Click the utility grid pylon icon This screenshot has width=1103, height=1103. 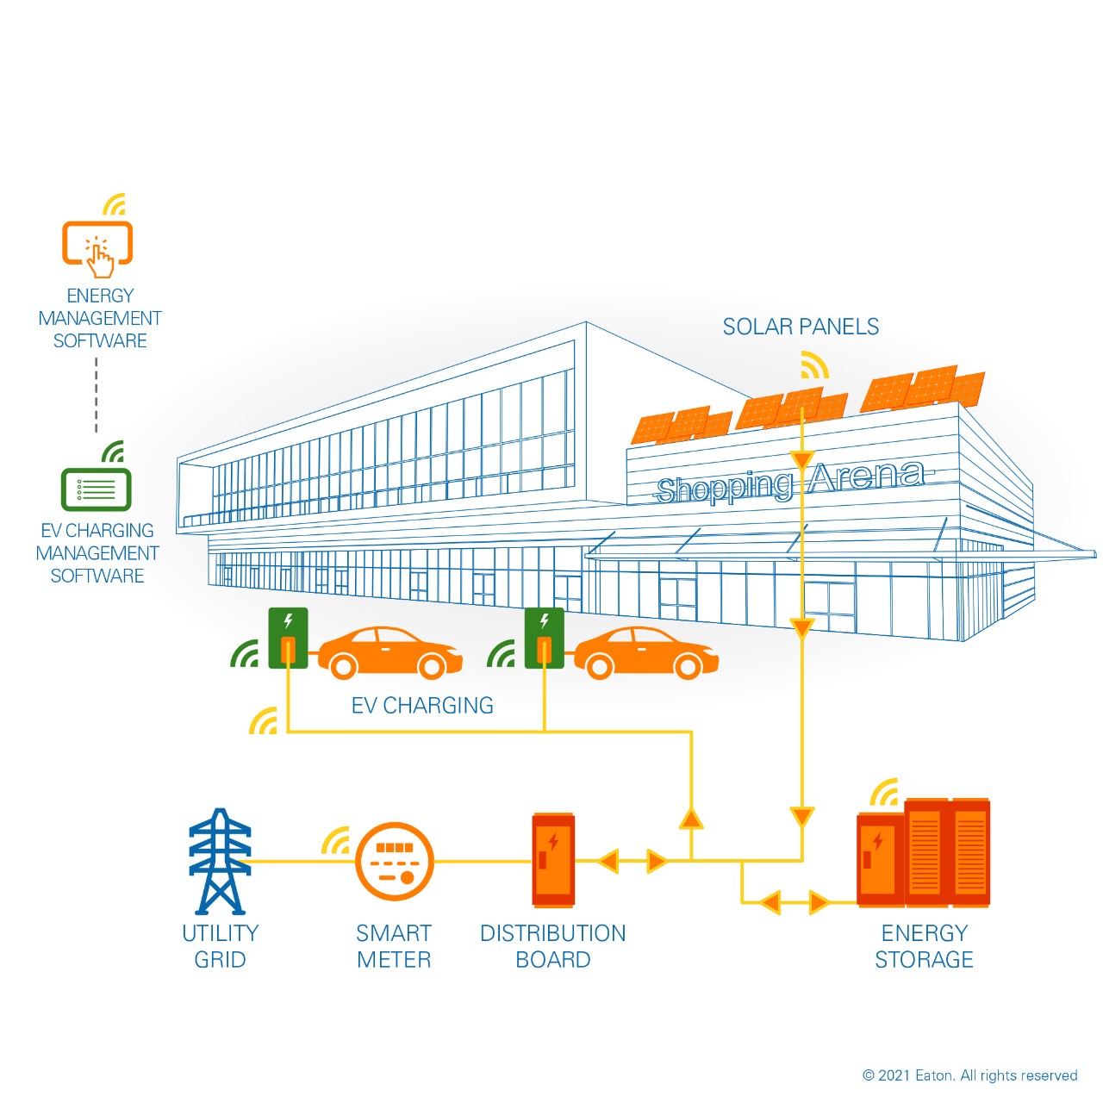pyautogui.click(x=220, y=861)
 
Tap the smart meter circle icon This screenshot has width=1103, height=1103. pyautogui.click(x=394, y=861)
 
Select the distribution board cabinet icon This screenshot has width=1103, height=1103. pyautogui.click(x=552, y=859)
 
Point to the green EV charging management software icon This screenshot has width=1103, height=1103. pyautogui.click(x=97, y=489)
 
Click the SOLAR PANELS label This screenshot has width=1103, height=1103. pyautogui.click(x=801, y=327)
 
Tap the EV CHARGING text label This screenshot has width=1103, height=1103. pyautogui.click(x=422, y=706)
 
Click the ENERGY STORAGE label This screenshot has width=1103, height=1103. pyautogui.click(x=924, y=946)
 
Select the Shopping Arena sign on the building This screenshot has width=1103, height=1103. pyautogui.click(x=788, y=483)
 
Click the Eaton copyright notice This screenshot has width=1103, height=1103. pyautogui.click(x=969, y=1075)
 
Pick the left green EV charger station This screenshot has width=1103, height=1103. pyautogui.click(x=288, y=638)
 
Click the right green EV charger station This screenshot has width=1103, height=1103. pyautogui.click(x=544, y=638)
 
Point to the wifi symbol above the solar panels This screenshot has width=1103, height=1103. pyautogui.click(x=813, y=365)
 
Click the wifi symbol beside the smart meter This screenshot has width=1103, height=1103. pyautogui.click(x=337, y=841)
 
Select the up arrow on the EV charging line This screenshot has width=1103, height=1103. pyautogui.click(x=691, y=818)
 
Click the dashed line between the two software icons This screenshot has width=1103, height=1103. pyautogui.click(x=97, y=395)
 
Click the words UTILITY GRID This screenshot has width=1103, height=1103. pyautogui.click(x=220, y=946)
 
